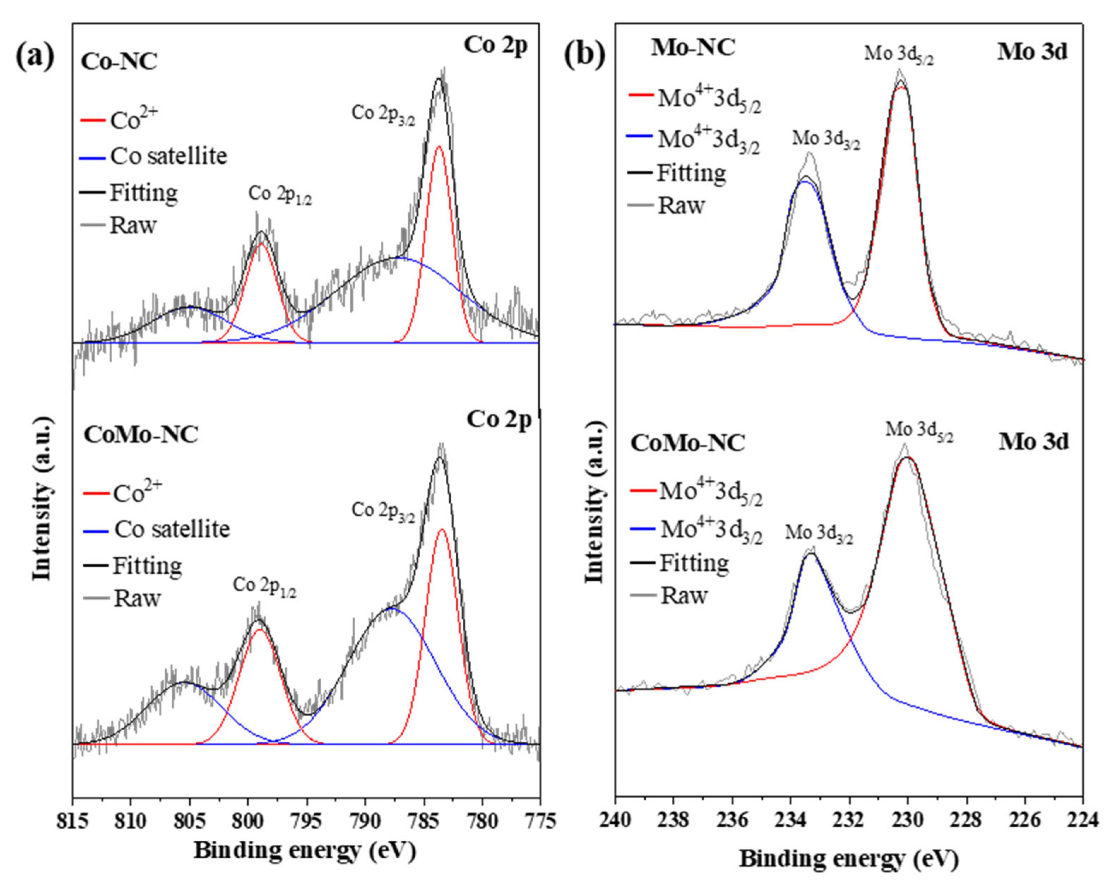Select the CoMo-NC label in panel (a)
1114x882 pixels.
[x=141, y=435]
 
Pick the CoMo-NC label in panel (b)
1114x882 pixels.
[x=688, y=443]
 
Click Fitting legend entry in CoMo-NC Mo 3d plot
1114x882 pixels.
[x=693, y=563]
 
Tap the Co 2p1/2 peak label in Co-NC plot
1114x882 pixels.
[x=280, y=195]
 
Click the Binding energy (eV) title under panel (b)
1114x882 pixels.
[x=849, y=859]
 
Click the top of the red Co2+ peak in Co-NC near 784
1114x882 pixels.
[x=439, y=147]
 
